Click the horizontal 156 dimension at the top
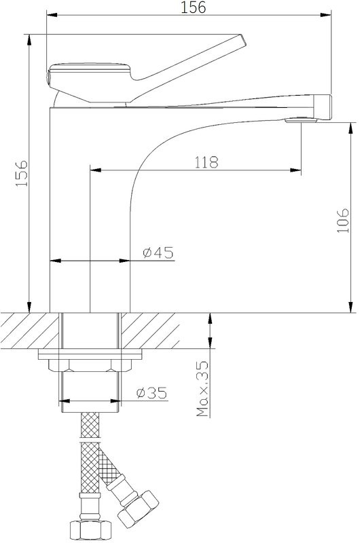[x=193, y=7]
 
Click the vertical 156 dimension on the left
[x=22, y=173]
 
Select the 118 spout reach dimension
[x=206, y=162]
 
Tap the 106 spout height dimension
[x=343, y=220]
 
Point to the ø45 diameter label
[x=158, y=252]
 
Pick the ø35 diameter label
[x=151, y=393]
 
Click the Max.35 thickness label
[x=202, y=388]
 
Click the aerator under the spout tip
[x=301, y=121]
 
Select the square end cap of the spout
[x=323, y=107]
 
